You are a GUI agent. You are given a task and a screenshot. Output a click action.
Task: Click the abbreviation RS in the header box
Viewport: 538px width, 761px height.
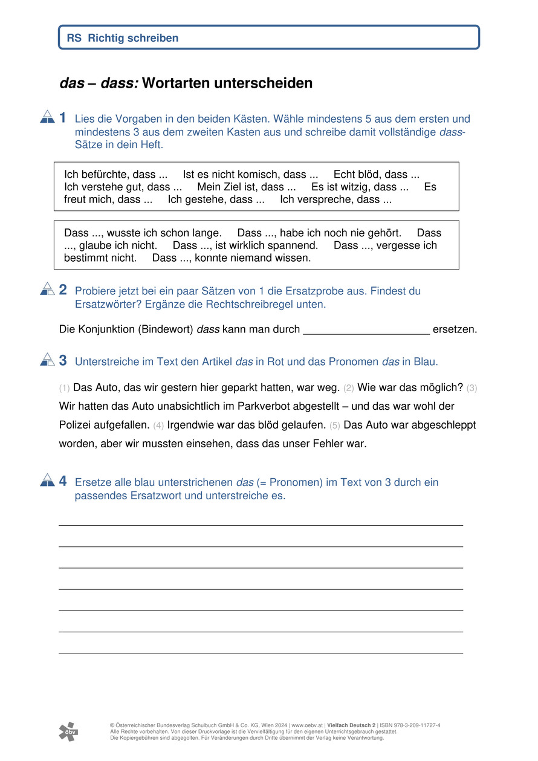coord(74,38)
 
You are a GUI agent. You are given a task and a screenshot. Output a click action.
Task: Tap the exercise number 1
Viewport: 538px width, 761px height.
coord(63,118)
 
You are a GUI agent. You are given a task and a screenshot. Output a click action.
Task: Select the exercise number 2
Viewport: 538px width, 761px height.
coord(63,290)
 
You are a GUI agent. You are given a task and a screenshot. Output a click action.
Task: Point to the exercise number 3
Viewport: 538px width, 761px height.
coord(63,360)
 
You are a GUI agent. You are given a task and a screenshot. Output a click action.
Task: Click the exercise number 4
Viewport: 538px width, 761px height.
coord(63,481)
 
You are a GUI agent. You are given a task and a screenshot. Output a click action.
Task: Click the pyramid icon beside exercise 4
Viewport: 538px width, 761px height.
coord(47,481)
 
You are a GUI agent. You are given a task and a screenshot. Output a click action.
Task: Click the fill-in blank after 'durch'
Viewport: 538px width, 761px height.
coord(366,329)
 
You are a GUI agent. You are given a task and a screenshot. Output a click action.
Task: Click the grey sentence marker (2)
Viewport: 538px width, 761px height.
coord(349,387)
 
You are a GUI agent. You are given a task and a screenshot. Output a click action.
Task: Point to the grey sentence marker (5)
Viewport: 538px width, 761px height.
coord(335,426)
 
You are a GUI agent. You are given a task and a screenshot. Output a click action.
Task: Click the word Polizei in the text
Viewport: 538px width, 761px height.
coord(77,425)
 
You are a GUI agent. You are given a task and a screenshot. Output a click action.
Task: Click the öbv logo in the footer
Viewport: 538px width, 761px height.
coord(68,731)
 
